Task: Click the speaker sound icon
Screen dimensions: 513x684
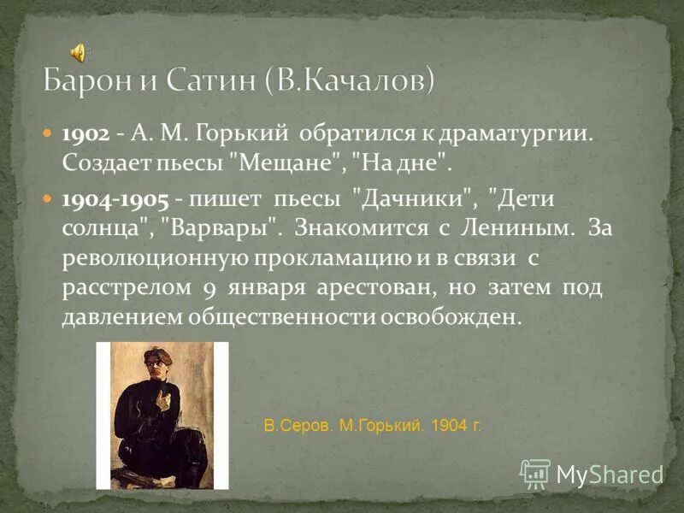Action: [x=78, y=53]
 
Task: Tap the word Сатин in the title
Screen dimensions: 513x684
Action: [x=209, y=81]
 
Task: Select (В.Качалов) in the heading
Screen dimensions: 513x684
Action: [x=351, y=81]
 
